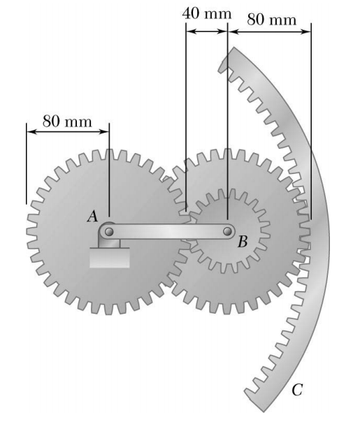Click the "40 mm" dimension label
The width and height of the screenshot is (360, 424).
pyautogui.click(x=206, y=13)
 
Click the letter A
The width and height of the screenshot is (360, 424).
pyautogui.click(x=92, y=217)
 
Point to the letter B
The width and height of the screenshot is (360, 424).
pyautogui.click(x=241, y=242)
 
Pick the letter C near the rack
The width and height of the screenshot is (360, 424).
pyautogui.click(x=297, y=389)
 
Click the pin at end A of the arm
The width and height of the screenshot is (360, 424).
pyautogui.click(x=109, y=231)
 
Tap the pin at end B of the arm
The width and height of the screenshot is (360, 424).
pyautogui.click(x=227, y=231)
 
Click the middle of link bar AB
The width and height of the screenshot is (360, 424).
pyautogui.click(x=168, y=231)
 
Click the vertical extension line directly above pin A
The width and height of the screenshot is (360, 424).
pyautogui.click(x=109, y=175)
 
